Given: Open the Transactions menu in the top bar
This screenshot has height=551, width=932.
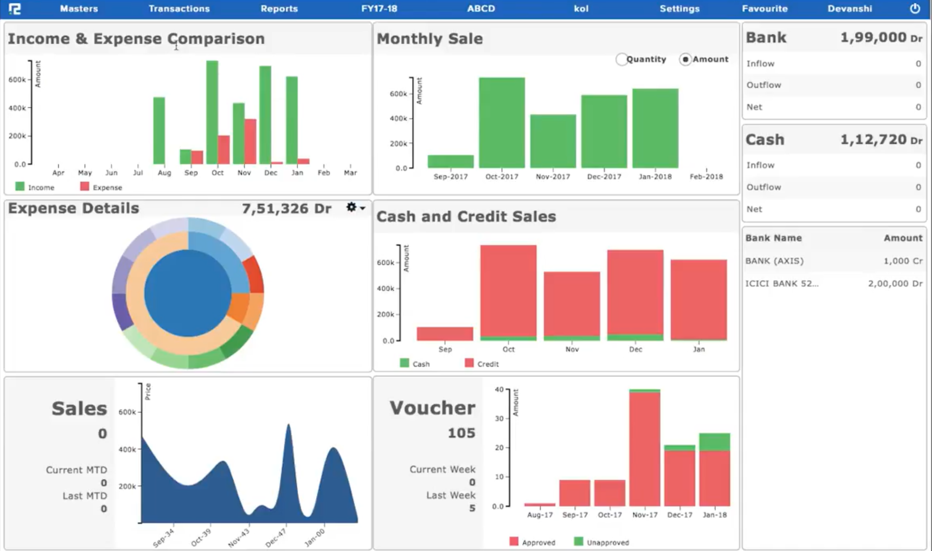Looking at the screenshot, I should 179,9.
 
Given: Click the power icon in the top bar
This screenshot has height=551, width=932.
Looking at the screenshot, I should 914,9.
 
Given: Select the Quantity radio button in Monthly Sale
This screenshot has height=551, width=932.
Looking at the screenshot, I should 621,59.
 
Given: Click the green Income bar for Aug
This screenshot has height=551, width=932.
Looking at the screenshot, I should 159,130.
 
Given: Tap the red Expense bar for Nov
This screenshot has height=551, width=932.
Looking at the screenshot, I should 250,141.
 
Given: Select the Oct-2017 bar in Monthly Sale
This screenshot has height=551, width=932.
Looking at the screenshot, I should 502,122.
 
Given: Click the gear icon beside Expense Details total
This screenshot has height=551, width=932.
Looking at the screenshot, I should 351,207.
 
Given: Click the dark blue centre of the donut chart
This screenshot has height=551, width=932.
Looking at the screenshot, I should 188,293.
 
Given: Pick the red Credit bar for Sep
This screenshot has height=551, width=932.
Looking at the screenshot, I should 445,333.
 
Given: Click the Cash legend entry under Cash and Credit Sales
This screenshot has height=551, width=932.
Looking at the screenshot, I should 415,364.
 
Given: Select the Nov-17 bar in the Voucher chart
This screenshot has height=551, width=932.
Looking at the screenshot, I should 644,449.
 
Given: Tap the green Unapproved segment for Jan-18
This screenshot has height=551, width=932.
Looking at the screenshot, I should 714,442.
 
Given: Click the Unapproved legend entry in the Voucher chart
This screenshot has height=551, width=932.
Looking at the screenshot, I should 602,542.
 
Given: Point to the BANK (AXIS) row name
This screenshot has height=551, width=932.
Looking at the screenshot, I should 774,261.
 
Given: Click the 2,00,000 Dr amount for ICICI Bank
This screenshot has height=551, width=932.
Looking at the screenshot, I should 895,283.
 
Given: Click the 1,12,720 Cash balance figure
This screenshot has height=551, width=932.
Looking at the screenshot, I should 873,139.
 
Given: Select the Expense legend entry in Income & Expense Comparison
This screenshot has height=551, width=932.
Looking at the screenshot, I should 101,187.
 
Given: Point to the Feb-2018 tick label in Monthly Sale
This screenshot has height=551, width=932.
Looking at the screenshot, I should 706,176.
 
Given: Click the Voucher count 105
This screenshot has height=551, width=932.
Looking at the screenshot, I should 461,433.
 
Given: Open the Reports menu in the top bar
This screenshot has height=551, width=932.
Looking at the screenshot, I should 279,9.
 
